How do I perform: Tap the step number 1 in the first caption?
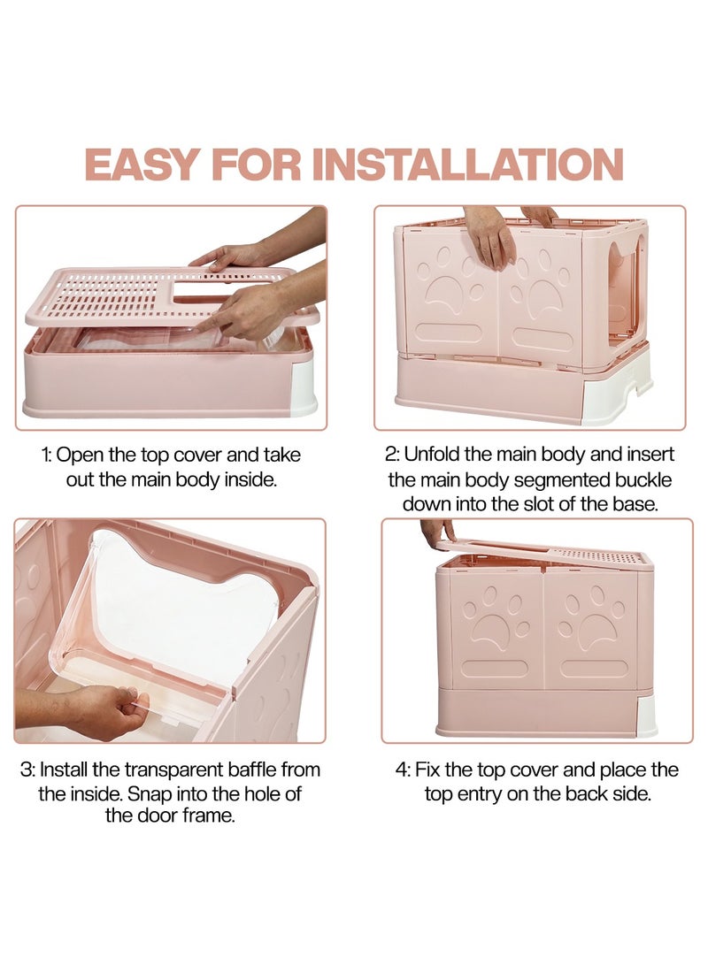coord(45,456)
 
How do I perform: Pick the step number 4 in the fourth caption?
coord(403,770)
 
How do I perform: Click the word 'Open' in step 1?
coord(80,456)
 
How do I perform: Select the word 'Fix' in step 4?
coord(427,770)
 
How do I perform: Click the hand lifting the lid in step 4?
coord(438,530)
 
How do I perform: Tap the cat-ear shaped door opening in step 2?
coord(626,290)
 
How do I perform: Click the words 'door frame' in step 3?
coord(171,816)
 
